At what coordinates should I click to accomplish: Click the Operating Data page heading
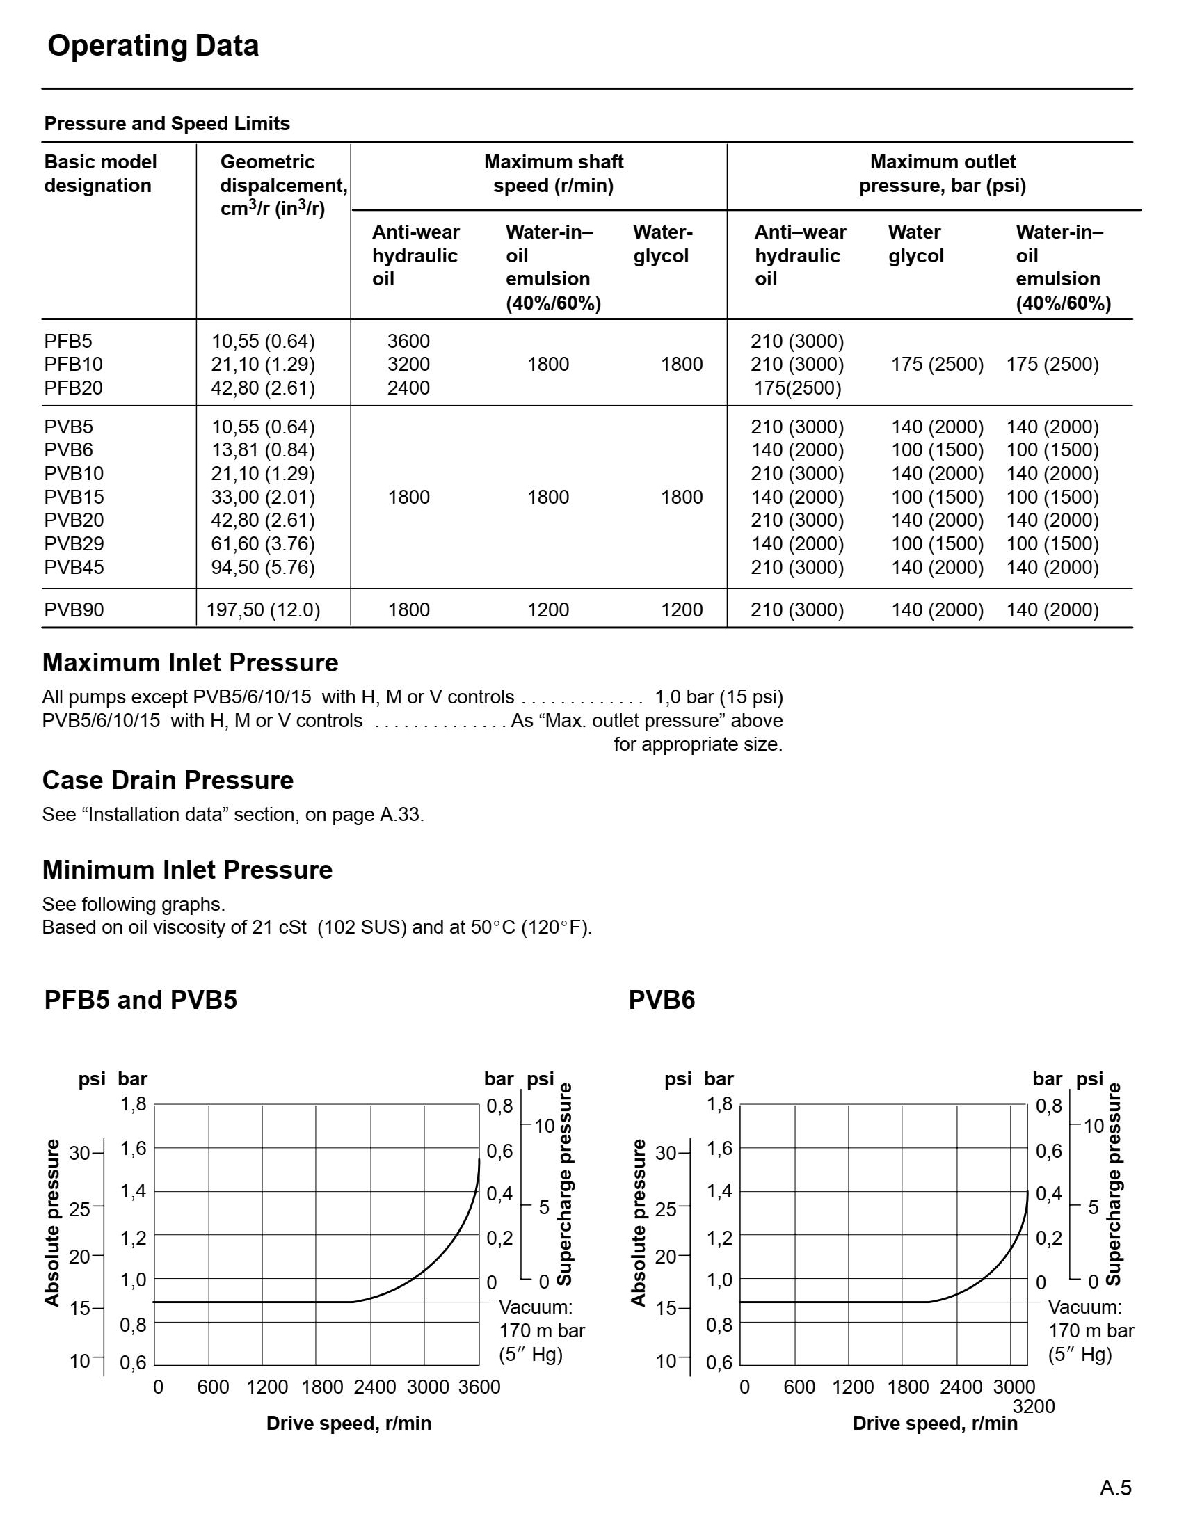point(153,46)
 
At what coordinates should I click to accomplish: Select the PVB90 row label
point(74,609)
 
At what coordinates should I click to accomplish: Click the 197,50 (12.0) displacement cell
point(263,609)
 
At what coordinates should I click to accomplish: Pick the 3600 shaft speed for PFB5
point(408,341)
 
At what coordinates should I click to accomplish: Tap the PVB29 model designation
point(74,543)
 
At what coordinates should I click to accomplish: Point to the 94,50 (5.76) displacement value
point(263,567)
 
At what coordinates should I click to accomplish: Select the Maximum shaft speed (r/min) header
point(553,174)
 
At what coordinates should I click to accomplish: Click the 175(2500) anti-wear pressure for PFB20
point(797,388)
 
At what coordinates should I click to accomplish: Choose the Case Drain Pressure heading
point(168,781)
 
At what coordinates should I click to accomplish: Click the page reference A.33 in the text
point(400,815)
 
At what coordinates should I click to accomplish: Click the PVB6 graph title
point(662,1000)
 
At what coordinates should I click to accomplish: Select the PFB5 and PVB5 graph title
point(141,1000)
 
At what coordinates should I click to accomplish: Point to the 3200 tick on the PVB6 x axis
point(1034,1406)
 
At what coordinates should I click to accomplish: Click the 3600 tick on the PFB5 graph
point(479,1387)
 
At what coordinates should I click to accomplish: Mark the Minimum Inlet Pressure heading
point(187,870)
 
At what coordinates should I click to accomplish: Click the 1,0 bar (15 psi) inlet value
point(718,697)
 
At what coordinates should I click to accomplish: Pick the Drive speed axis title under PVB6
point(935,1424)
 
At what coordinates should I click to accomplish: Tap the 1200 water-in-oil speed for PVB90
point(548,609)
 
